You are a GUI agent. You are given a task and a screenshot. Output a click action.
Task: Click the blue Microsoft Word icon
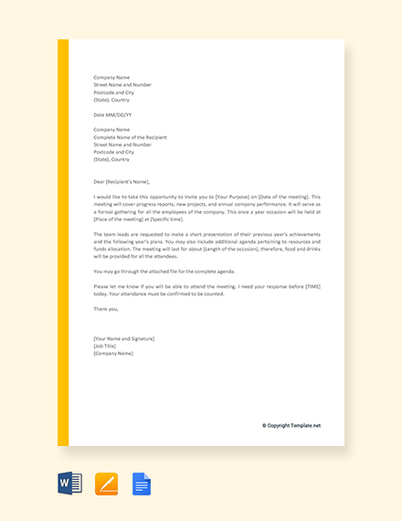70,484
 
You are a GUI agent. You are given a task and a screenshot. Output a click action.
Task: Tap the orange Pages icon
107,484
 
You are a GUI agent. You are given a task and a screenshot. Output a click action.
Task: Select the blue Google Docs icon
142,484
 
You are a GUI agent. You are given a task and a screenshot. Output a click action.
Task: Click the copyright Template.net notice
291,425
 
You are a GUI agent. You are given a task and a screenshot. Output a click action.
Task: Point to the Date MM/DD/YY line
112,115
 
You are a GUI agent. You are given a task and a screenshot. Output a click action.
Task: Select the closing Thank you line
106,309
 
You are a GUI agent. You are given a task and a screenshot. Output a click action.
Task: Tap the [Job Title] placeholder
105,346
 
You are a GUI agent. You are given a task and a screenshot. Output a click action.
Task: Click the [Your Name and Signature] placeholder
124,339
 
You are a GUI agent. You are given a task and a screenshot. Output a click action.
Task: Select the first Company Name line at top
111,78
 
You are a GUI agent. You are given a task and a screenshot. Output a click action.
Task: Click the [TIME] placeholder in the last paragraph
311,286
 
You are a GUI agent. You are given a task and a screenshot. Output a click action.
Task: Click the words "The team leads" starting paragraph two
110,234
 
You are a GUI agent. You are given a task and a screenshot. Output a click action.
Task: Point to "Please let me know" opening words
115,286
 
